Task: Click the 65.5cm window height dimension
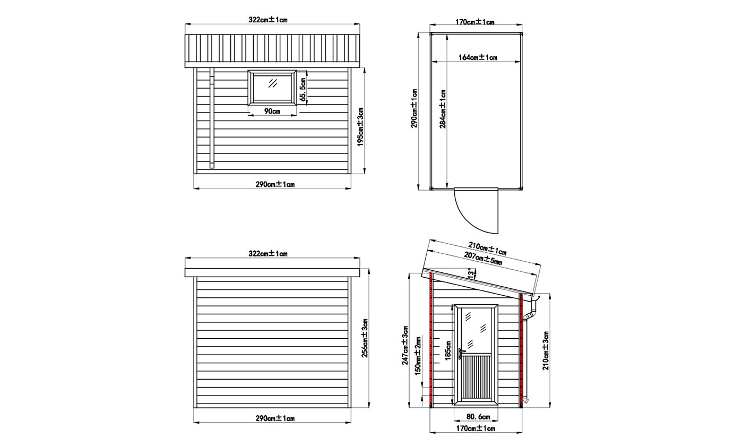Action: (x=302, y=89)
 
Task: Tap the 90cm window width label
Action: (x=272, y=111)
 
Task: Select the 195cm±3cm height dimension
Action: (x=360, y=126)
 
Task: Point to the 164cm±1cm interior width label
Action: (x=478, y=57)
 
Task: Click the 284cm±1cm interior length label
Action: (x=443, y=108)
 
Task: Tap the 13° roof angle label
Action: (x=471, y=273)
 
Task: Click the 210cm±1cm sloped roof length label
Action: (x=487, y=249)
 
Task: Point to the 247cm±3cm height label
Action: (x=405, y=345)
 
